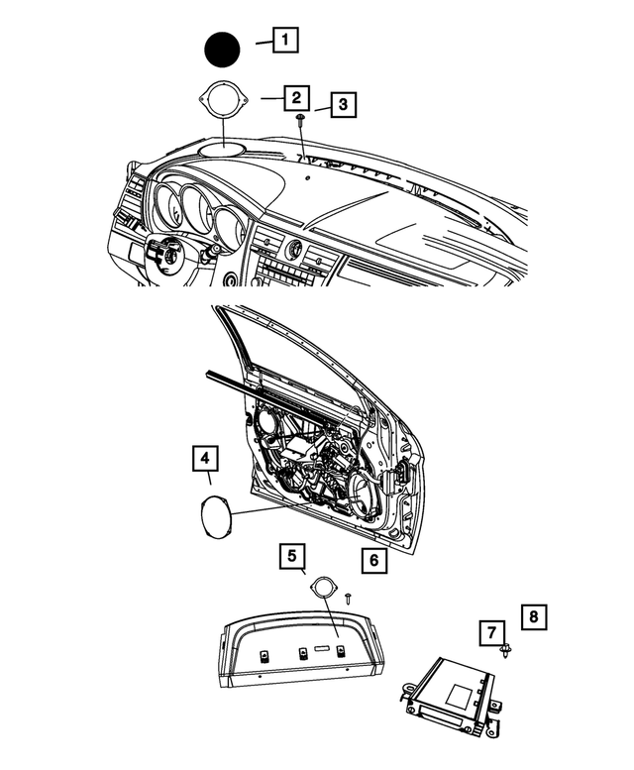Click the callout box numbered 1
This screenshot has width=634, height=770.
tap(284, 41)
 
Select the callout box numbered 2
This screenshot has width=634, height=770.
tap(294, 98)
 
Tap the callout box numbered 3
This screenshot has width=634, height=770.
tap(341, 104)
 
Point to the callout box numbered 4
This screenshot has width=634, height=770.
tap(205, 459)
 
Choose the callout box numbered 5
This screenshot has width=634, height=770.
tap(290, 557)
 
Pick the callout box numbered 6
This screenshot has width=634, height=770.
tap(371, 560)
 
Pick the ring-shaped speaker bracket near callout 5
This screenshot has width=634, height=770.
tap(323, 589)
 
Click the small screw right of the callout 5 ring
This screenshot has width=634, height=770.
tap(350, 597)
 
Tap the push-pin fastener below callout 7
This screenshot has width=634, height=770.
tap(508, 651)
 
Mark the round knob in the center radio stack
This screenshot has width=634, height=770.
tap(293, 247)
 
